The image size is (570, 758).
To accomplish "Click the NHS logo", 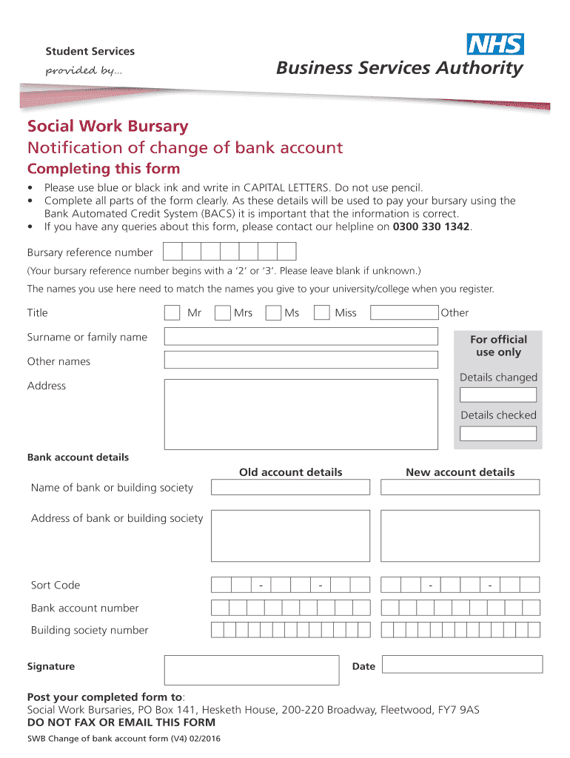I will pyautogui.click(x=495, y=44).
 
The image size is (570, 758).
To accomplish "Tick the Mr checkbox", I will pyautogui.click(x=172, y=312).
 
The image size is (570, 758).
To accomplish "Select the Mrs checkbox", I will pyautogui.click(x=222, y=312).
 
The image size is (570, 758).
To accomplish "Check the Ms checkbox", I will pyautogui.click(x=273, y=312).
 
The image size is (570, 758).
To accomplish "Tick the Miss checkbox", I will pyautogui.click(x=321, y=312).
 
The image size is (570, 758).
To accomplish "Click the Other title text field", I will pyautogui.click(x=404, y=312).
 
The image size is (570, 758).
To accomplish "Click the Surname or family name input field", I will pyautogui.click(x=301, y=337).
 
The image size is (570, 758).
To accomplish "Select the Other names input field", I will pyautogui.click(x=301, y=360).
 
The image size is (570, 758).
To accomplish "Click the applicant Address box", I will pyautogui.click(x=301, y=414).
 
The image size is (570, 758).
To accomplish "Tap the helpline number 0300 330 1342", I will pyautogui.click(x=431, y=227).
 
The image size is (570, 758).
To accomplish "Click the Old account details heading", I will pyautogui.click(x=290, y=472).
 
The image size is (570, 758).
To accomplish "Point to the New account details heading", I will pyautogui.click(x=460, y=472).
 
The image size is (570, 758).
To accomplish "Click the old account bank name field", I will pyautogui.click(x=290, y=487).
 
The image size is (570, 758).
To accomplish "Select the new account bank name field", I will pyautogui.click(x=460, y=487).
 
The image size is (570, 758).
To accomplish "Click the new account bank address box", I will pyautogui.click(x=460, y=535).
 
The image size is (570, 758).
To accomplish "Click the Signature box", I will pyautogui.click(x=251, y=669).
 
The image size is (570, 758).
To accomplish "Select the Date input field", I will pyautogui.click(x=462, y=664).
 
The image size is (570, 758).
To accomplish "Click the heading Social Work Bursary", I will pyautogui.click(x=107, y=127).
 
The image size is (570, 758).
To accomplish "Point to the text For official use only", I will pyautogui.click(x=498, y=346).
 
